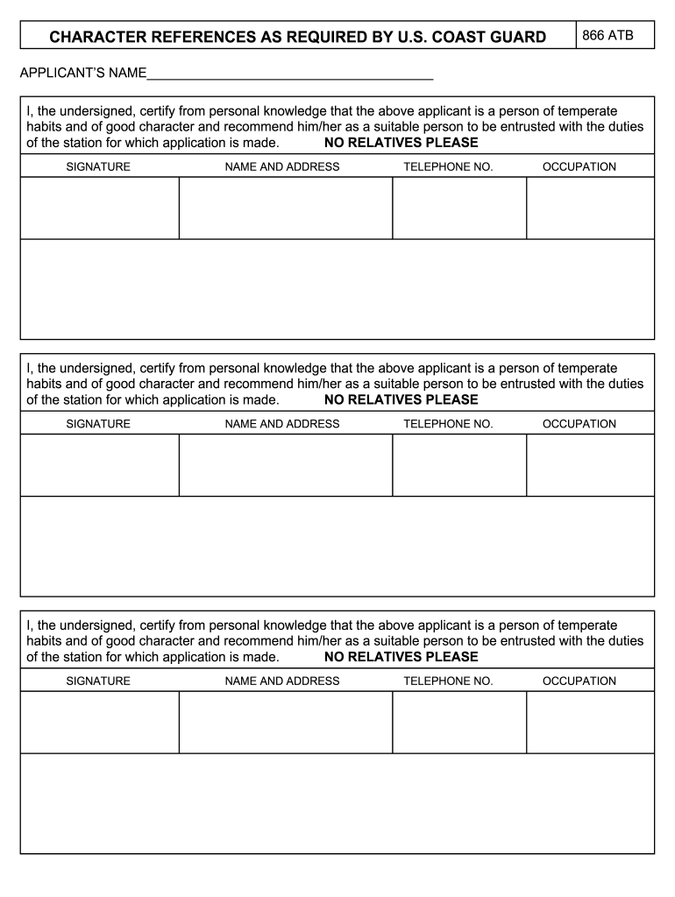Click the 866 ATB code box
coord(615,35)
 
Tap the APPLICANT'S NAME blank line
coord(290,74)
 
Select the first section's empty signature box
coord(100,208)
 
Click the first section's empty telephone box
coord(459,208)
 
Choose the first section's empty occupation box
coord(590,208)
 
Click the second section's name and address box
coord(286,465)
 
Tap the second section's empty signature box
coord(100,465)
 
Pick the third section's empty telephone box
coord(459,722)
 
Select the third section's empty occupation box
coord(590,722)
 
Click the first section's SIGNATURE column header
coord(98,166)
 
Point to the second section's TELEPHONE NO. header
coord(448,424)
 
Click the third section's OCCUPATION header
coord(579,681)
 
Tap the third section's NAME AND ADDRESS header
coord(282,681)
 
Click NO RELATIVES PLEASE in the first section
coord(401,143)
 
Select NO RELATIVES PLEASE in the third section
coord(401,657)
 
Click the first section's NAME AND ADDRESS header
coord(282,166)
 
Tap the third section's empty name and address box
coord(286,722)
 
